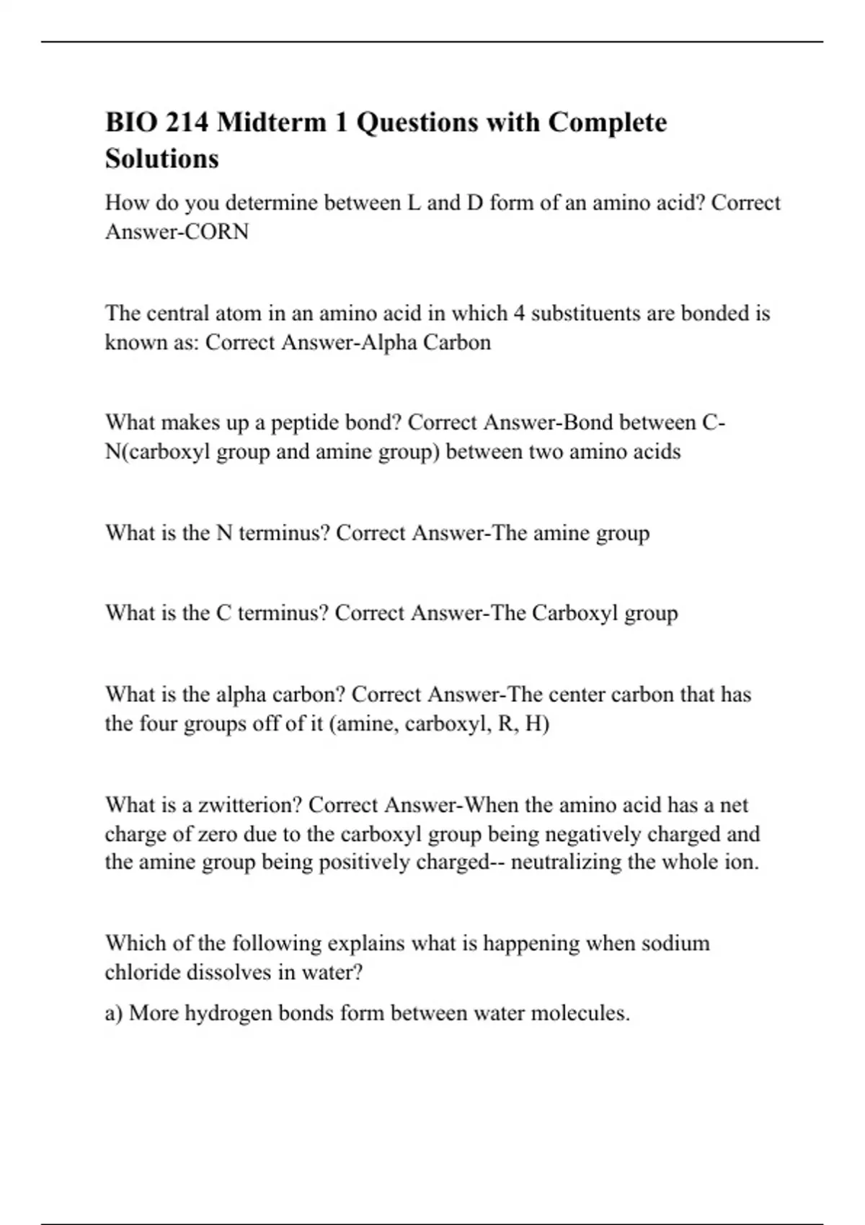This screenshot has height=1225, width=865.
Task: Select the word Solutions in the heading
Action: coord(161,159)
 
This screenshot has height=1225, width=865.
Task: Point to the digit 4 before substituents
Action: coord(519,313)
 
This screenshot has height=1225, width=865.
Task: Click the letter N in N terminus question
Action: coord(223,533)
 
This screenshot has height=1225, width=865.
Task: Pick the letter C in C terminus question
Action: coord(223,613)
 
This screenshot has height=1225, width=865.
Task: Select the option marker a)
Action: coord(114,1014)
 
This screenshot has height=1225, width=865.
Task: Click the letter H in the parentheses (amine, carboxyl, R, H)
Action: coord(533,723)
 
